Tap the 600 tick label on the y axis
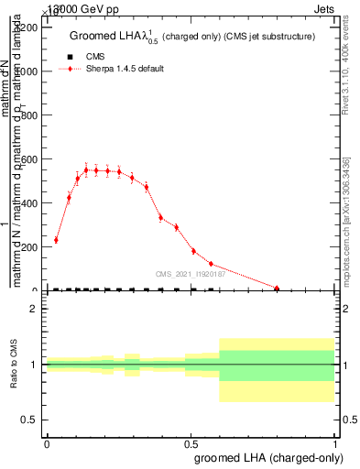pos(30,159)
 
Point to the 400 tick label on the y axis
pos(30,203)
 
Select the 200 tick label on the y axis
pos(30,247)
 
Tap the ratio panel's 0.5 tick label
pos(30,420)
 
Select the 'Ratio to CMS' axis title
pos(14,364)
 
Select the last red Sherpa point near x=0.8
pos(278,289)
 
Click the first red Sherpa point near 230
pos(56,240)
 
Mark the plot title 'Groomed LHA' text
pos(102,37)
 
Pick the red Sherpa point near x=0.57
pos(211,264)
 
